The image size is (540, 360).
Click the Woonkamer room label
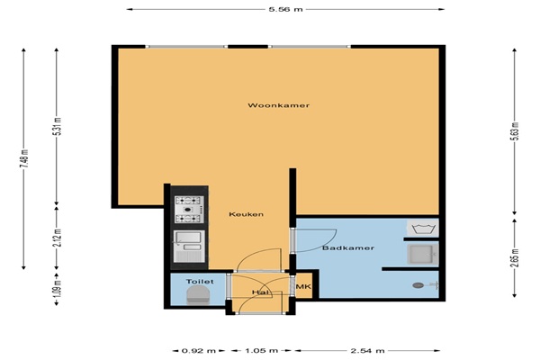click(x=279, y=105)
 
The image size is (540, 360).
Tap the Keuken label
click(x=247, y=214)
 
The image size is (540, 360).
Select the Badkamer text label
click(x=348, y=248)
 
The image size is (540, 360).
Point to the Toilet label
click(x=200, y=282)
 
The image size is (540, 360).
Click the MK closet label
click(x=304, y=286)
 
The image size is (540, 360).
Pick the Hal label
click(x=260, y=292)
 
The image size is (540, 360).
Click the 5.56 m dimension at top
click(x=285, y=9)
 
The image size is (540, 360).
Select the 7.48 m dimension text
click(x=23, y=158)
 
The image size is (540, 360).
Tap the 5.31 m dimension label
click(x=58, y=126)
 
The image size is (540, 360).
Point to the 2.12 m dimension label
click(x=58, y=238)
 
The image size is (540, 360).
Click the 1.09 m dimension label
click(x=58, y=288)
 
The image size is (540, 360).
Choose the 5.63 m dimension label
click(x=514, y=131)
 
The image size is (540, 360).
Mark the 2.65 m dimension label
click(x=514, y=258)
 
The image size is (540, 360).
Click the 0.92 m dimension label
click(x=198, y=351)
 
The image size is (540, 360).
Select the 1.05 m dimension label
click(x=261, y=351)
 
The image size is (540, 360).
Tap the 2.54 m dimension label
click(x=367, y=351)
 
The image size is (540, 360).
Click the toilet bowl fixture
click(x=198, y=296)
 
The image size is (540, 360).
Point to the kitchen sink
click(x=189, y=246)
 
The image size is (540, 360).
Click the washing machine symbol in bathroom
click(x=423, y=228)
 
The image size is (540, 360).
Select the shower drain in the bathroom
click(x=418, y=285)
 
